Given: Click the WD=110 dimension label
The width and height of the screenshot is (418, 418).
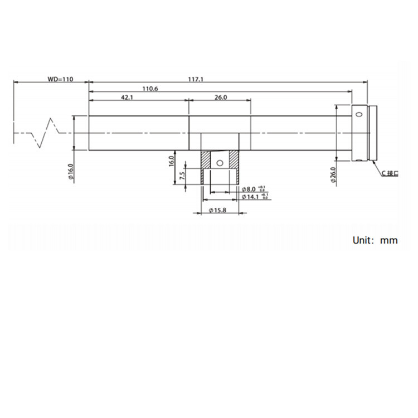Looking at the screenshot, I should tap(60, 79).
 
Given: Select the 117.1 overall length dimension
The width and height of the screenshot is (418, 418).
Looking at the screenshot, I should tap(196, 79).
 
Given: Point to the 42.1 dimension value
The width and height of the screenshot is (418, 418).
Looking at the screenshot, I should tap(127, 98).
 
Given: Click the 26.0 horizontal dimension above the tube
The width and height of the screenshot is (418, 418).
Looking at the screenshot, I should tap(221, 98).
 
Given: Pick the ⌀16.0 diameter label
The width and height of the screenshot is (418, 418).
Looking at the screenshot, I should tap(71, 172).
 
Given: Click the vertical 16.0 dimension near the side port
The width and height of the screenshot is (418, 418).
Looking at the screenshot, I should tap(172, 162).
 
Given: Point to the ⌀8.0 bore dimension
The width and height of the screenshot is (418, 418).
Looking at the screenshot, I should tap(250, 189).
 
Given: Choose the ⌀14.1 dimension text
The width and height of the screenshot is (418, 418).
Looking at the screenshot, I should tap(251, 197).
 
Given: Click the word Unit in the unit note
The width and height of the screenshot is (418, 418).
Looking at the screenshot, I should tap(363, 240).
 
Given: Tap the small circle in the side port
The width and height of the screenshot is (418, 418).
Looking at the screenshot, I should tap(220, 163).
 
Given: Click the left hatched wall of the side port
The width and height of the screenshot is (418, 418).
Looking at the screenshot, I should tap(206, 162).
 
